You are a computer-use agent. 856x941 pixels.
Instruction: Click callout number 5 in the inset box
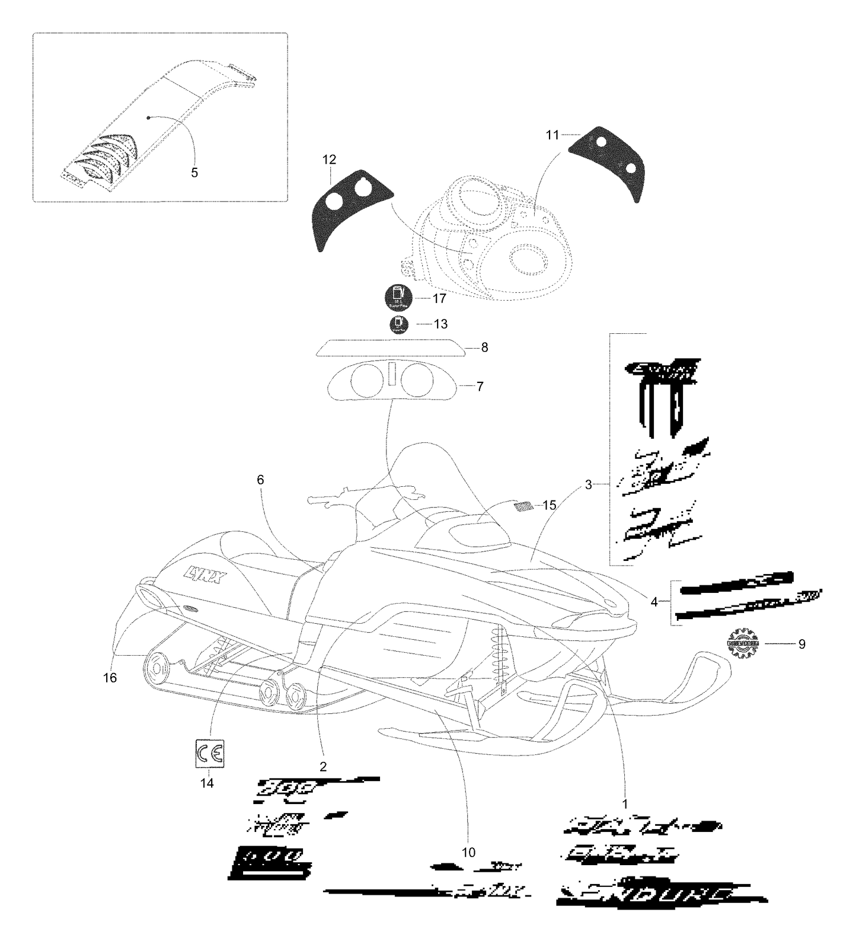(195, 172)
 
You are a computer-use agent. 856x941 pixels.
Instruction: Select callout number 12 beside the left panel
(329, 159)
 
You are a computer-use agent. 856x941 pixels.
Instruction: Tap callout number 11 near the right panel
(552, 135)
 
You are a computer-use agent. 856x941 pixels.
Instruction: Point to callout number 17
(439, 298)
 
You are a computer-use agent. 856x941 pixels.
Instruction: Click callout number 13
(441, 324)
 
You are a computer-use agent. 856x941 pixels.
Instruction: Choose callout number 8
(484, 348)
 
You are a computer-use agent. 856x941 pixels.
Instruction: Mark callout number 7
(480, 387)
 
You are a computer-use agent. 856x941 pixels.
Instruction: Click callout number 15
(549, 505)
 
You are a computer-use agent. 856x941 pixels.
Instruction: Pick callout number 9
(802, 644)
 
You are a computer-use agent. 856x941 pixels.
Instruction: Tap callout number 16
(110, 677)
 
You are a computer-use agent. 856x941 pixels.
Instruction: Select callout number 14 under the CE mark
(207, 783)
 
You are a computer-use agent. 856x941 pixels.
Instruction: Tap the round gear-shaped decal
(743, 643)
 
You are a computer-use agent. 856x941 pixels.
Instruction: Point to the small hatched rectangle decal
(524, 506)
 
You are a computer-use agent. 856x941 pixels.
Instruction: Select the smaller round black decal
(399, 325)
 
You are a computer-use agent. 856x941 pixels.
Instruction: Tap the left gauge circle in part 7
(366, 379)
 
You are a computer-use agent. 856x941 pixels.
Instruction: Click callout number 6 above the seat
(260, 480)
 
